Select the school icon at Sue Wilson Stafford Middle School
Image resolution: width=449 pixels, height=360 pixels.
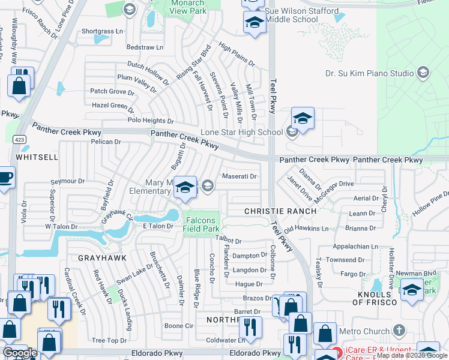(x=255, y=23)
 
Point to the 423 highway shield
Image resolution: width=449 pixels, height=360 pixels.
(x=19, y=139)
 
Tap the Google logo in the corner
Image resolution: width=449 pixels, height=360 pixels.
(x=20, y=353)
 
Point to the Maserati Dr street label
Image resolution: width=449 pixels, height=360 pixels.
(x=240, y=176)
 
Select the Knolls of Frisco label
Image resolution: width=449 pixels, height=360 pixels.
(x=375, y=298)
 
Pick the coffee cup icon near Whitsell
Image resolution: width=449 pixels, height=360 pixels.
(x=5, y=177)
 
